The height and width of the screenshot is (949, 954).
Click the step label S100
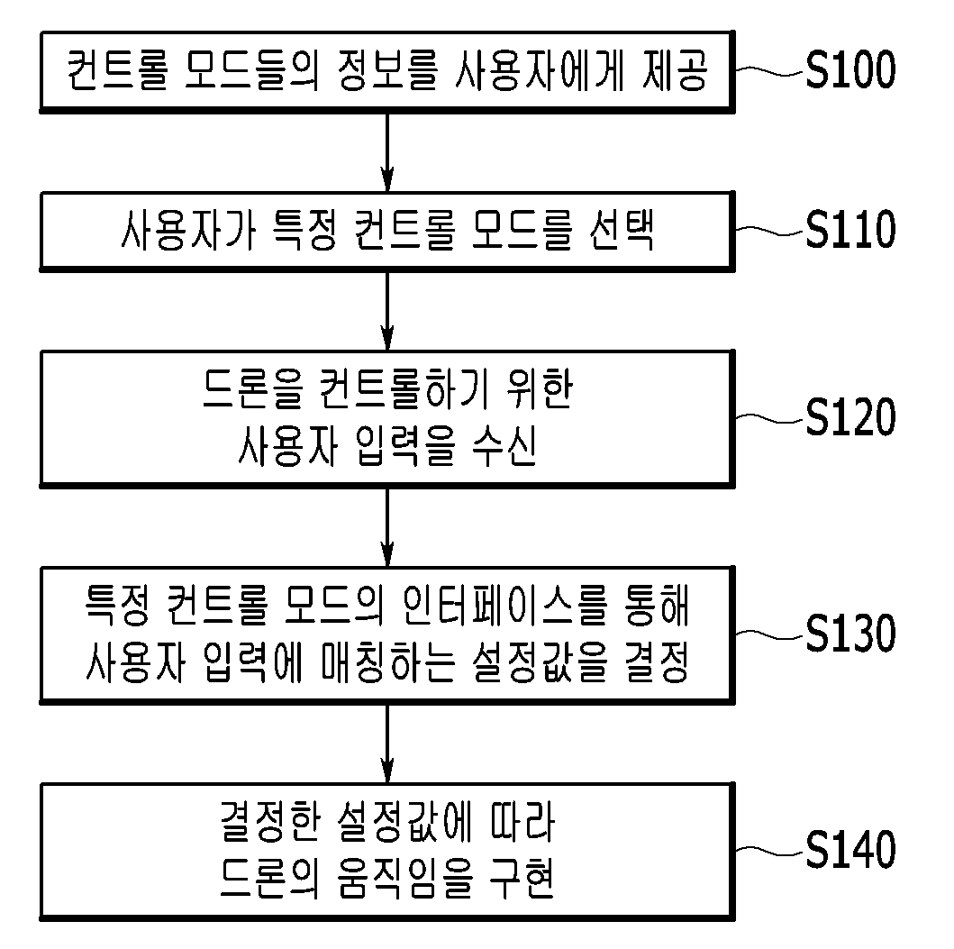[x=850, y=69]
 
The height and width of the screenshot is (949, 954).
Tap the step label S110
[x=850, y=229]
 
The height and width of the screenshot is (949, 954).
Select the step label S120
[x=850, y=417]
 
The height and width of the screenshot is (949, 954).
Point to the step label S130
[x=850, y=633]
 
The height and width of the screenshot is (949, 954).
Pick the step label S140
[x=850, y=850]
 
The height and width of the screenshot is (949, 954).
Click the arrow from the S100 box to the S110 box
[x=387, y=152]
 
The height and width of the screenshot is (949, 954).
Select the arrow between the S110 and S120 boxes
[x=387, y=310]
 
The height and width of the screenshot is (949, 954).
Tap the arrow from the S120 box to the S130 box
[x=387, y=527]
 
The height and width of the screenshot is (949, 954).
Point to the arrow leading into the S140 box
[x=387, y=744]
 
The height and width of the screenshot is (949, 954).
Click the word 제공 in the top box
[x=676, y=70]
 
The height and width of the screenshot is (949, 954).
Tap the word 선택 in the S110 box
[x=622, y=230]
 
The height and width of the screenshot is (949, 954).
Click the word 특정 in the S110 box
[x=303, y=230]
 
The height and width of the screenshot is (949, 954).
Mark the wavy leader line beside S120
[x=769, y=418]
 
